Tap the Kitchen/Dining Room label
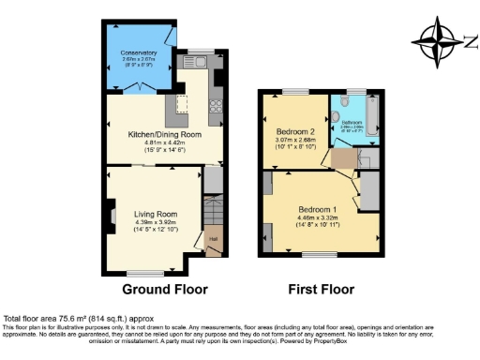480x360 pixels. [164, 134]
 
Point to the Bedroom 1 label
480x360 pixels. [317, 208]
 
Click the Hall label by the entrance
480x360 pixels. [213, 239]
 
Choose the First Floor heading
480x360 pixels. [322, 289]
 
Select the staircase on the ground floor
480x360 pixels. [213, 211]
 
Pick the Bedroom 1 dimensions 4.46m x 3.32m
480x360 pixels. [317, 217]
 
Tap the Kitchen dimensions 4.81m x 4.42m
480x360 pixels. [164, 142]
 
